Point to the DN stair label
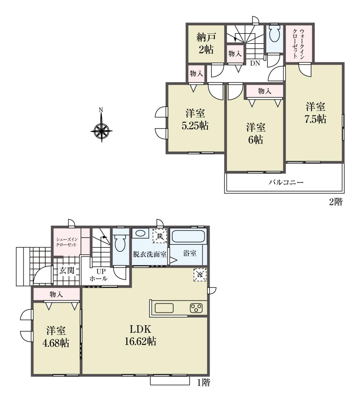255,63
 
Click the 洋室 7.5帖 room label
315,113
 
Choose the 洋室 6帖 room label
256,134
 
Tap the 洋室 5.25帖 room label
195,120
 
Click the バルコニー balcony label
286,182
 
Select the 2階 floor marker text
335,202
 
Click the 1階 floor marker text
204,383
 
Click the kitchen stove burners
196,308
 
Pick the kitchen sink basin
164,308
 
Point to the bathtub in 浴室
188,237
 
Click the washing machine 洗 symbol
160,236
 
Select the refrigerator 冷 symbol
200,275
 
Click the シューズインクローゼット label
66,242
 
